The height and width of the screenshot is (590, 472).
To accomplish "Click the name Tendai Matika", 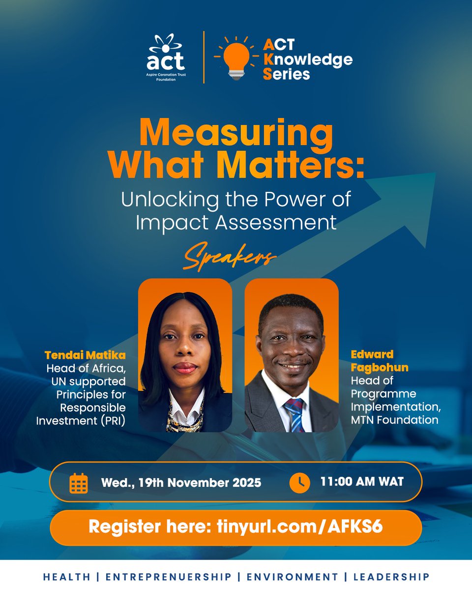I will tap(85, 355).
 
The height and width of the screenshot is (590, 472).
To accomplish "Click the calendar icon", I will tap(79, 483).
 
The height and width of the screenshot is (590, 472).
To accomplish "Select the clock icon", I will tap(299, 482).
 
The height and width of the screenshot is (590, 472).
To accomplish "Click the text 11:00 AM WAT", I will tap(361, 481).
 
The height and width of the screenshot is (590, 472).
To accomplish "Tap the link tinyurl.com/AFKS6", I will tap(299, 527).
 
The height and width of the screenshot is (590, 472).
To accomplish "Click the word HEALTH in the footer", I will tap(66, 577).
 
